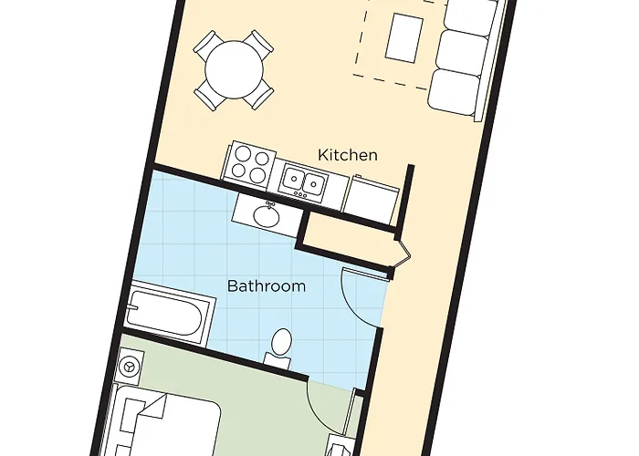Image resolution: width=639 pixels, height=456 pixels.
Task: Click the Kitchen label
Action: tap(347, 155)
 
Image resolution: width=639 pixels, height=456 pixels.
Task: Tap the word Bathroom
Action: tap(266, 285)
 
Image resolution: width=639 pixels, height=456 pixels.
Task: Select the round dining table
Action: tap(234, 69)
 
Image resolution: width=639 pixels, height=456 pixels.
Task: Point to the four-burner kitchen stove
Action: tap(250, 163)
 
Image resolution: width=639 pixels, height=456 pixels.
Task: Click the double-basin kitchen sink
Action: tap(303, 181)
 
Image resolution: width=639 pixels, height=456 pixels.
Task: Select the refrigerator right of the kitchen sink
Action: tap(370, 200)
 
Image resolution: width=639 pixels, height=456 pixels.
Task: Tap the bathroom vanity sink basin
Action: tap(267, 217)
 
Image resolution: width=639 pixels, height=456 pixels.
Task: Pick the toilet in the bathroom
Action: tap(280, 346)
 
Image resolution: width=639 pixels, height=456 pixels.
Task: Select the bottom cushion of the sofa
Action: tap(453, 91)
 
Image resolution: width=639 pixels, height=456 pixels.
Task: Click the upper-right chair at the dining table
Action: tap(260, 42)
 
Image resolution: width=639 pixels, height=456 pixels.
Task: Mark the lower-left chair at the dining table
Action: tap(205, 95)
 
